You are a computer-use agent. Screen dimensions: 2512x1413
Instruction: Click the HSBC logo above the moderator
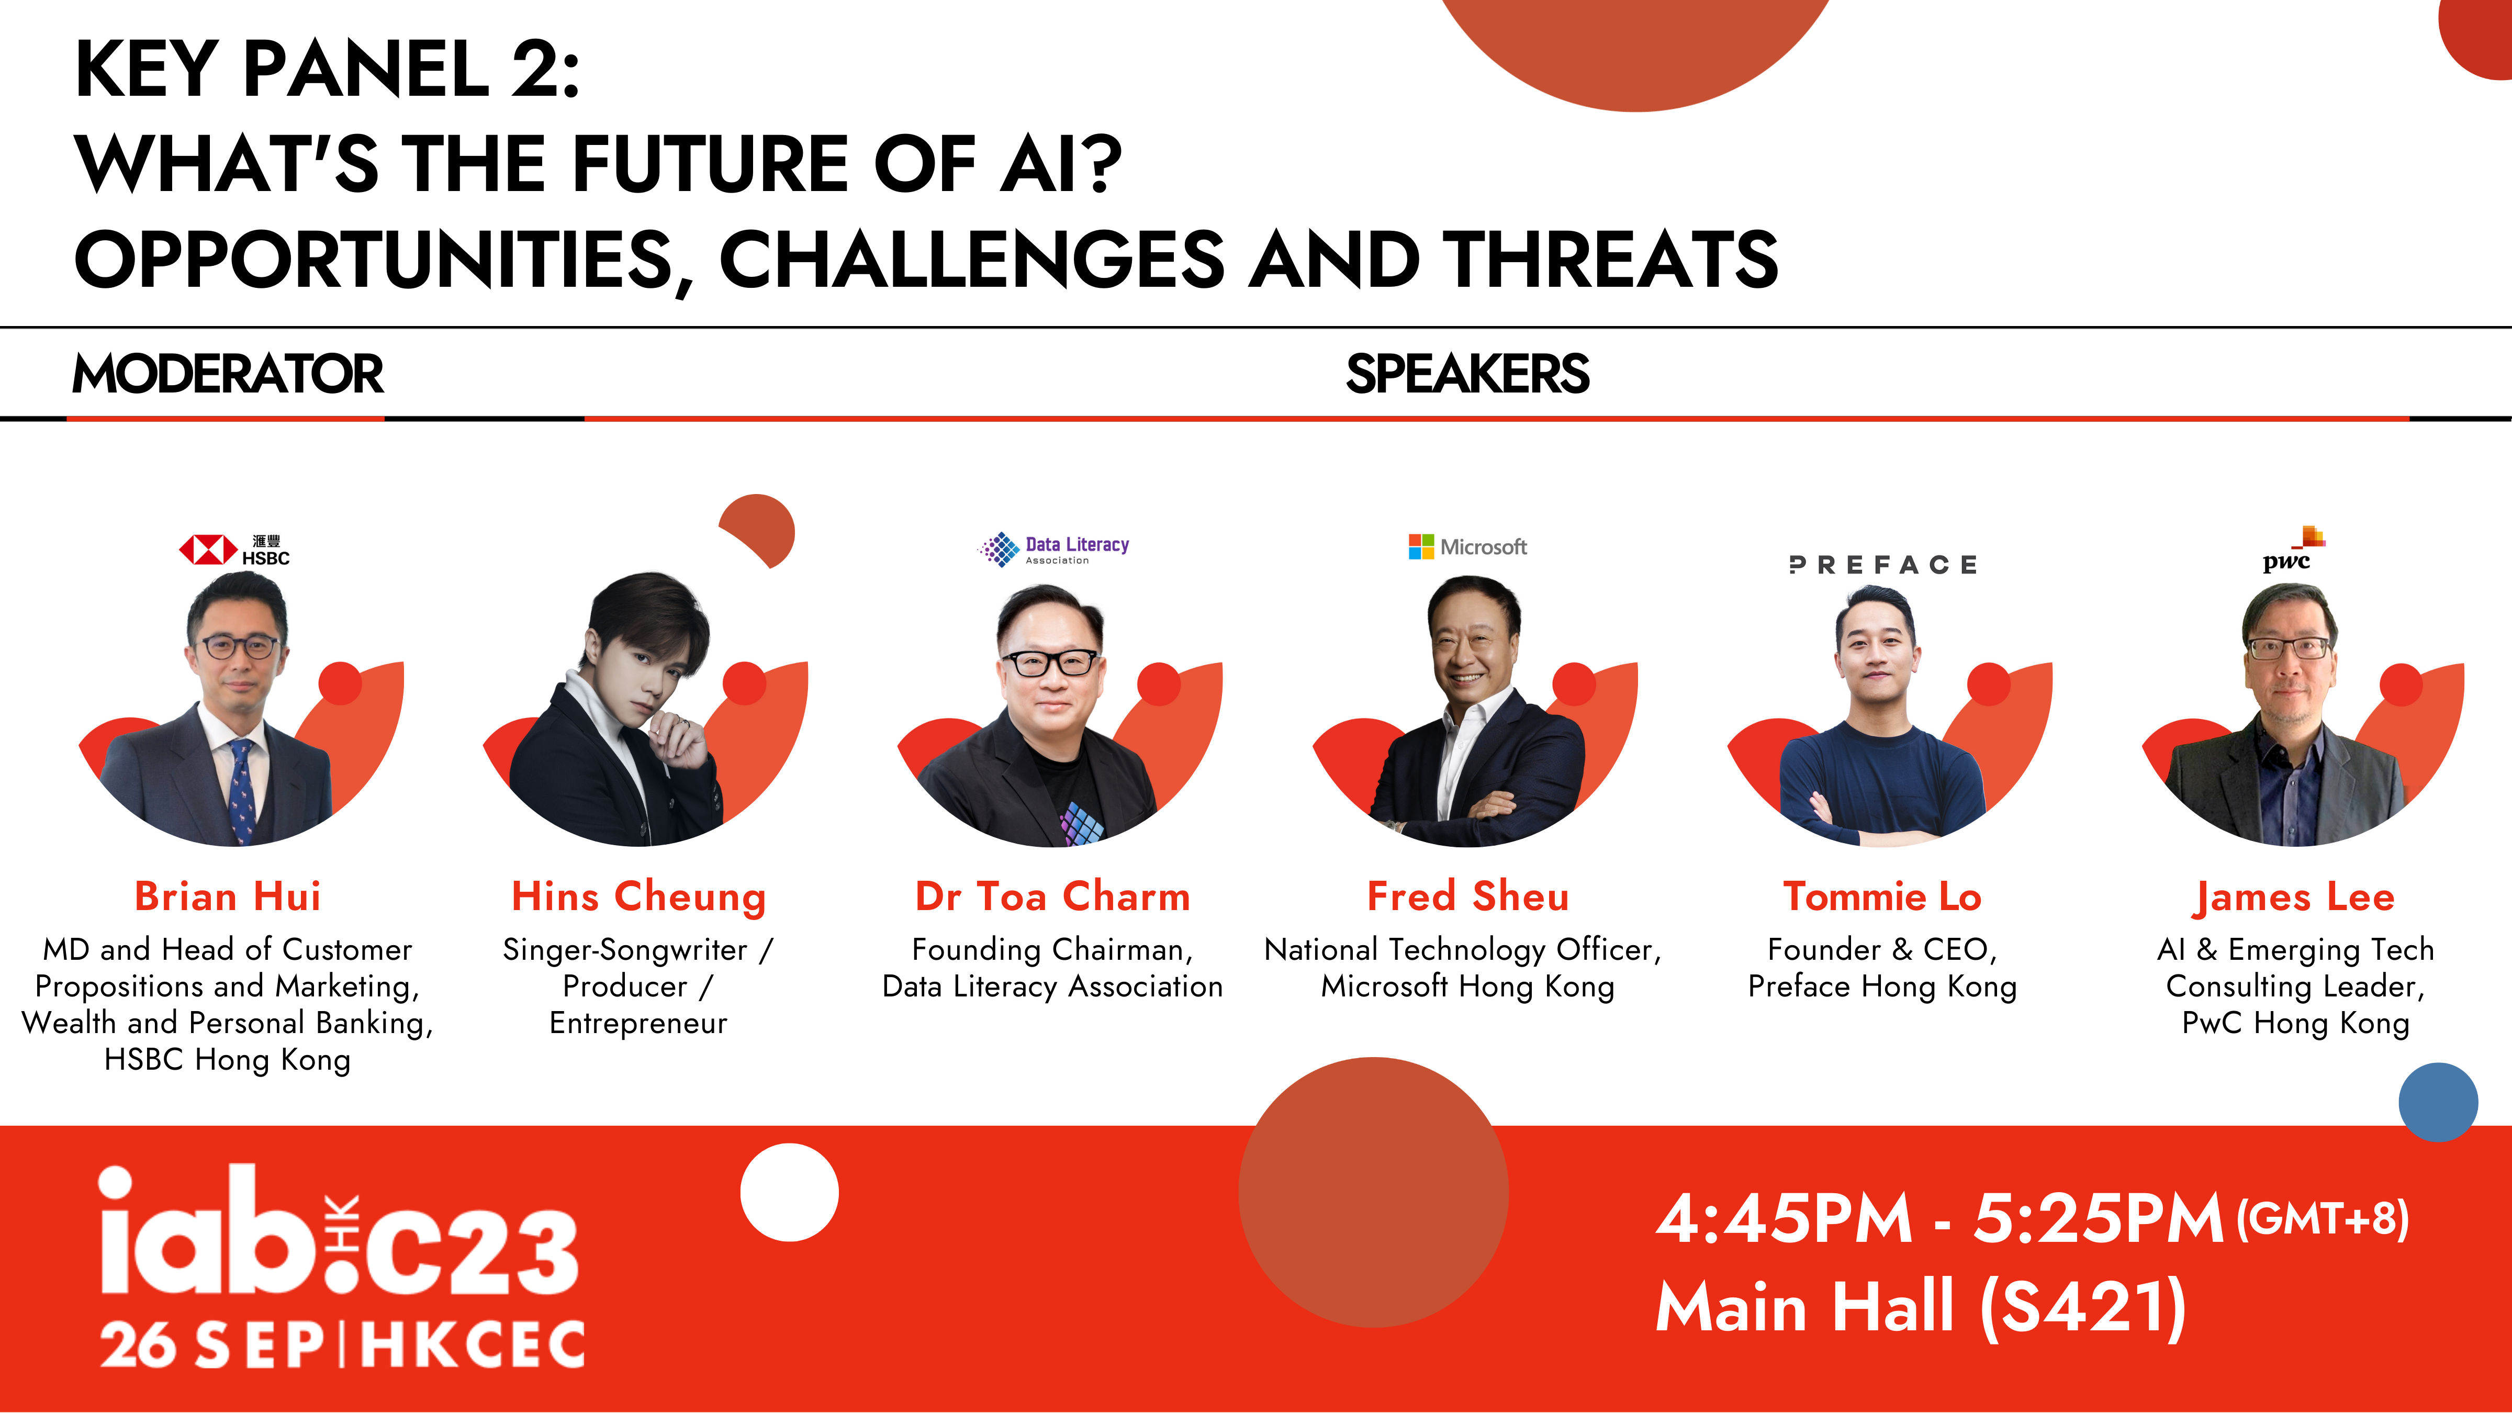[x=234, y=550]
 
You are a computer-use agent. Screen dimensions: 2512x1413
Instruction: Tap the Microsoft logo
[x=1467, y=547]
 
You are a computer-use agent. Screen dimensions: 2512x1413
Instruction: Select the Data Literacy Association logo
[x=1054, y=549]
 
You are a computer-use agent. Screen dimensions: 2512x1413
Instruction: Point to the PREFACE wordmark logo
[x=1883, y=565]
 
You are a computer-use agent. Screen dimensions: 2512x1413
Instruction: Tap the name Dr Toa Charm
[x=1053, y=896]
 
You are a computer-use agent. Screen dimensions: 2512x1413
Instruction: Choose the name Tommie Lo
[x=1883, y=896]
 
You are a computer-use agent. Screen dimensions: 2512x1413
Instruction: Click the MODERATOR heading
[x=228, y=374]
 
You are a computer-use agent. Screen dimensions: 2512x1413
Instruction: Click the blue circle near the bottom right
[x=2438, y=1102]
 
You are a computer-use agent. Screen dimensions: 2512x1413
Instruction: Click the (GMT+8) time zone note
[x=2322, y=1219]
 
